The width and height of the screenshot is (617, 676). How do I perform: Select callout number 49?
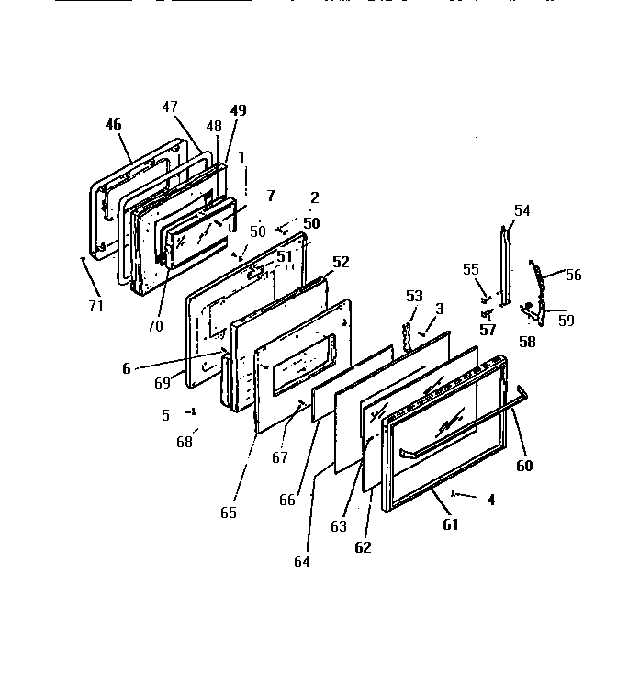238,110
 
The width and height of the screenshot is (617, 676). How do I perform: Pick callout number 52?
341,262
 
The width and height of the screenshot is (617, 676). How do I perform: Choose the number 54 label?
522,210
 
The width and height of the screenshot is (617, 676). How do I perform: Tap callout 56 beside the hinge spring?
574,275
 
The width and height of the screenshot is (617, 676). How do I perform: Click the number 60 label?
524,465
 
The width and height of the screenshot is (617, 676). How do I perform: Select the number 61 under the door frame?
450,524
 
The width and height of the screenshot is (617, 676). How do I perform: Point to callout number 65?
228,513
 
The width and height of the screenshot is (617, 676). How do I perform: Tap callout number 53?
415,296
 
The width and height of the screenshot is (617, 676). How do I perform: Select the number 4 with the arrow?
491,501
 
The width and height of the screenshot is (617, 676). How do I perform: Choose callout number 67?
279,457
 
